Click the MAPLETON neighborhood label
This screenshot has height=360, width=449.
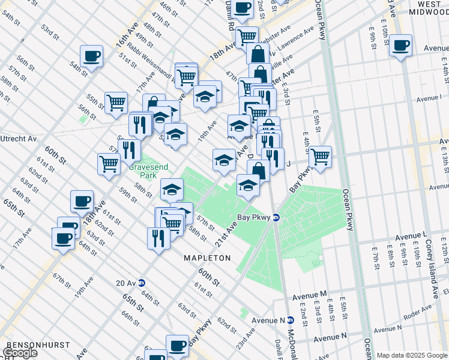pyautogui.click(x=207, y=258)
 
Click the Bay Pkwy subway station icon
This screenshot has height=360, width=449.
pyautogui.click(x=276, y=217)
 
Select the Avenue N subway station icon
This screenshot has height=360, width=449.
pyautogui.click(x=289, y=320)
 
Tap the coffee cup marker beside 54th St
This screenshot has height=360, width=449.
pyautogui.click(x=91, y=56)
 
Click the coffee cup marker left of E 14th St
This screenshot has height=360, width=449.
pyautogui.click(x=400, y=45)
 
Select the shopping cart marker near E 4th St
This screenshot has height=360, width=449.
pyautogui.click(x=320, y=157)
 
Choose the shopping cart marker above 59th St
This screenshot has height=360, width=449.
pyautogui.click(x=109, y=164)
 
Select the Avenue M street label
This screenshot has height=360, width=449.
pyautogui.click(x=310, y=296)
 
